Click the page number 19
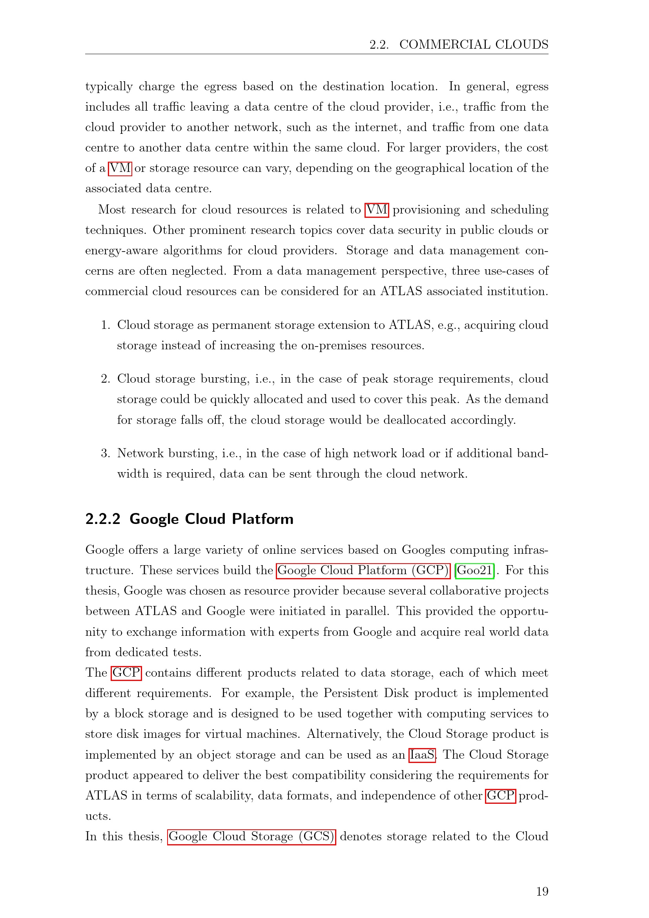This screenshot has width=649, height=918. coord(542,891)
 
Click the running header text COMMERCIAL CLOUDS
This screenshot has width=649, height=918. coord(474,44)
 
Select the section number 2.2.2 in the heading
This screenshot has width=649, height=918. coord(103,519)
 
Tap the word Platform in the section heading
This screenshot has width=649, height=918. coord(263,519)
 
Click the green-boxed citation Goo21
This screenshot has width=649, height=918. coord(474,570)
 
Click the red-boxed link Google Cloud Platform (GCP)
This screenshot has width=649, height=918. coord(363,570)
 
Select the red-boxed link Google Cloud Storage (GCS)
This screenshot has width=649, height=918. coord(252,836)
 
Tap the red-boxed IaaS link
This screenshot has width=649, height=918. coord(422,754)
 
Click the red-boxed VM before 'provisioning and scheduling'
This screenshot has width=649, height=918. coord(376,210)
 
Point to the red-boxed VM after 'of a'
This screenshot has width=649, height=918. coord(120,168)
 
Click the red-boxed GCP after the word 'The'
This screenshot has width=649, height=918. coord(126,673)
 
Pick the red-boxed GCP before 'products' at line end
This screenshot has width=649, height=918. coord(500,795)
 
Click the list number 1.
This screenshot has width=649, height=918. coord(105,325)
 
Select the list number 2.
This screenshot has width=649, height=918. coord(105,379)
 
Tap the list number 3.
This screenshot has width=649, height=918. coord(105,453)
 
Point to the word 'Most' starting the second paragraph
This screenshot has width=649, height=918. coord(111,210)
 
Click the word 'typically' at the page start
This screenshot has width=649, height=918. coord(109,87)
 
